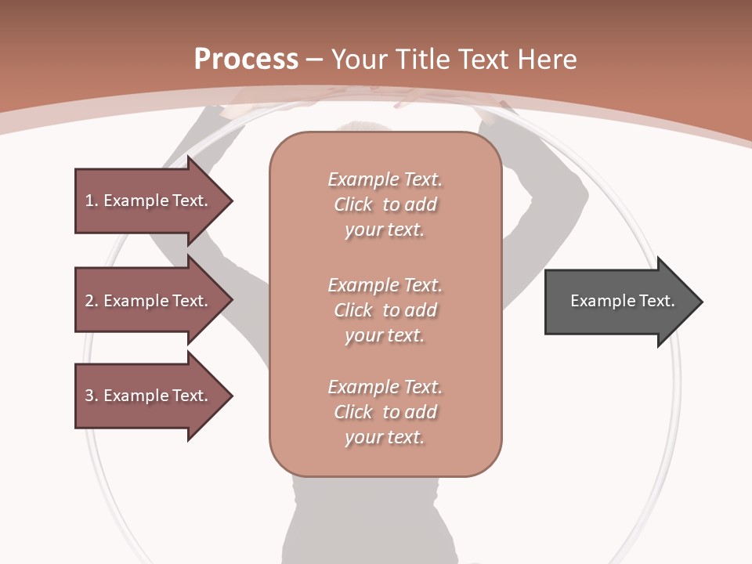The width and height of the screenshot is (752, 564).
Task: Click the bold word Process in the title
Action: point(246,60)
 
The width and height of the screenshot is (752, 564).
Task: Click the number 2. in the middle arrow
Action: point(92,301)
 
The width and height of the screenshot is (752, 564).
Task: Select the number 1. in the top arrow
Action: point(91,201)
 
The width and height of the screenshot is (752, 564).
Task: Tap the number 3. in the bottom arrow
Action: point(92,396)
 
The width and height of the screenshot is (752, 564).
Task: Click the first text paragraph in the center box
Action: point(385,204)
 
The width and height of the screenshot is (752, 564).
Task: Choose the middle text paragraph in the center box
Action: point(385,310)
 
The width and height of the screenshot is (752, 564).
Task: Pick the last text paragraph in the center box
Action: point(385,412)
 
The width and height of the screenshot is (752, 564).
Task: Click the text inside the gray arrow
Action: point(623,301)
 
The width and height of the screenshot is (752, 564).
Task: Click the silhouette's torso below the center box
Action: point(384,517)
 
